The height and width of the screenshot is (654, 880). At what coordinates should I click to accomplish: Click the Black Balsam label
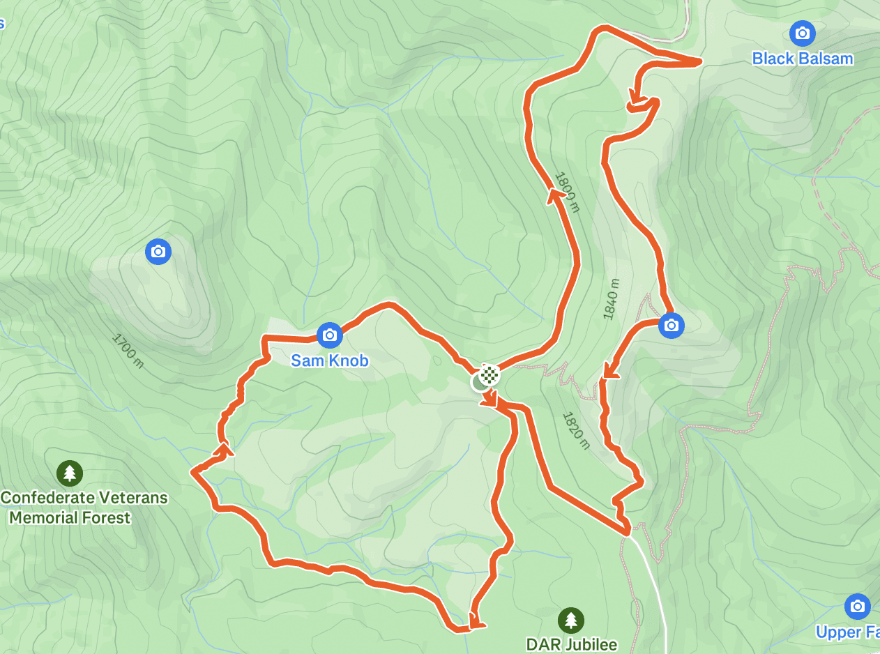click(x=803, y=59)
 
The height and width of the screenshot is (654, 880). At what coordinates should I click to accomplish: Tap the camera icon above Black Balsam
click(x=803, y=33)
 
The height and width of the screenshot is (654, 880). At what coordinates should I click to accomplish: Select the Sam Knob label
click(x=330, y=360)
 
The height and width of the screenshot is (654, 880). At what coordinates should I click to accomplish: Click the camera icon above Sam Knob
click(x=330, y=335)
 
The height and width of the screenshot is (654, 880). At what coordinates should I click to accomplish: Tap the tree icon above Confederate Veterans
click(x=70, y=473)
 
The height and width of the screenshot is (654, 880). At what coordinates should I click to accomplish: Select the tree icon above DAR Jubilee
click(x=571, y=619)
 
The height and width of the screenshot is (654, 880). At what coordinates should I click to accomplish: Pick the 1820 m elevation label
click(x=575, y=429)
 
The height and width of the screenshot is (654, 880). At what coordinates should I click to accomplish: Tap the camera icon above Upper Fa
click(x=857, y=607)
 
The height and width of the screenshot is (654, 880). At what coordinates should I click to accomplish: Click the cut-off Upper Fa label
click(x=848, y=632)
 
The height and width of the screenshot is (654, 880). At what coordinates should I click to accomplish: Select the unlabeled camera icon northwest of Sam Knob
click(x=158, y=251)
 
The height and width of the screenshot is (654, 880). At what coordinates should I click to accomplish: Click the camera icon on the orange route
click(x=671, y=325)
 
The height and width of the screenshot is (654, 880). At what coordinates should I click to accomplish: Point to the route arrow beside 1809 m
click(x=556, y=197)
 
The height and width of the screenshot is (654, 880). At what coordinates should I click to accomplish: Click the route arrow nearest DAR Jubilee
click(x=476, y=621)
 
